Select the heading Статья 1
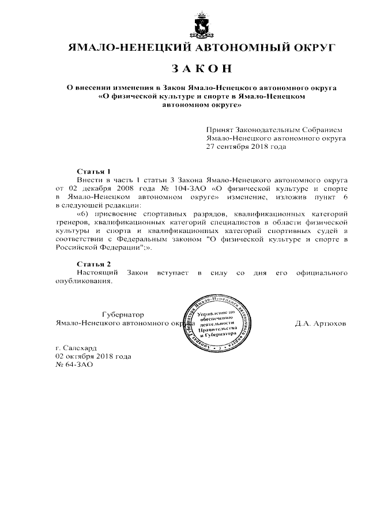93,172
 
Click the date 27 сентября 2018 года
246,147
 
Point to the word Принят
220,130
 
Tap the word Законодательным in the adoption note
269,130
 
